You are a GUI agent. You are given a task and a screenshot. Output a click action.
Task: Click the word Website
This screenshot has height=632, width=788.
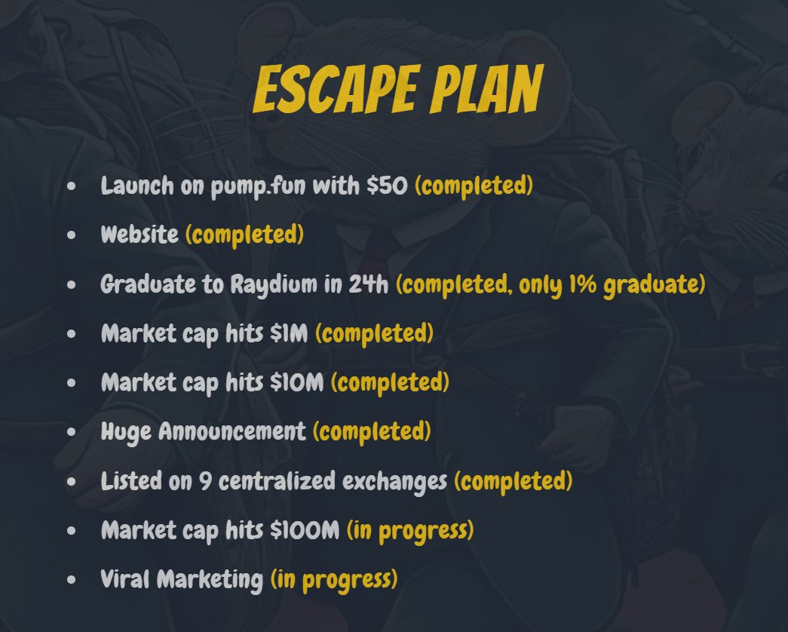[x=140, y=235]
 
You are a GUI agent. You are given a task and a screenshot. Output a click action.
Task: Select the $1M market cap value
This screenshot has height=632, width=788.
[x=289, y=333]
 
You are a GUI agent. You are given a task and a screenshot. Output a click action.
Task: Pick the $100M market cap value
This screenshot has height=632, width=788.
[x=305, y=530]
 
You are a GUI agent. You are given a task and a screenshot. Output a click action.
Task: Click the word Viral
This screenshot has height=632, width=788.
[x=126, y=579]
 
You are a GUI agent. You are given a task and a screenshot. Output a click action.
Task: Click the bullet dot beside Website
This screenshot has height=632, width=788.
[x=72, y=235]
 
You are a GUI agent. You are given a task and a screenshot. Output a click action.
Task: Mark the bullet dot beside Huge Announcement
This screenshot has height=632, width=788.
[x=72, y=432]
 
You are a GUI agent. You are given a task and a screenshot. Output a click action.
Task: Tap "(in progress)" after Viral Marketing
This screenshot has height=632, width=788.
[x=334, y=579]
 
